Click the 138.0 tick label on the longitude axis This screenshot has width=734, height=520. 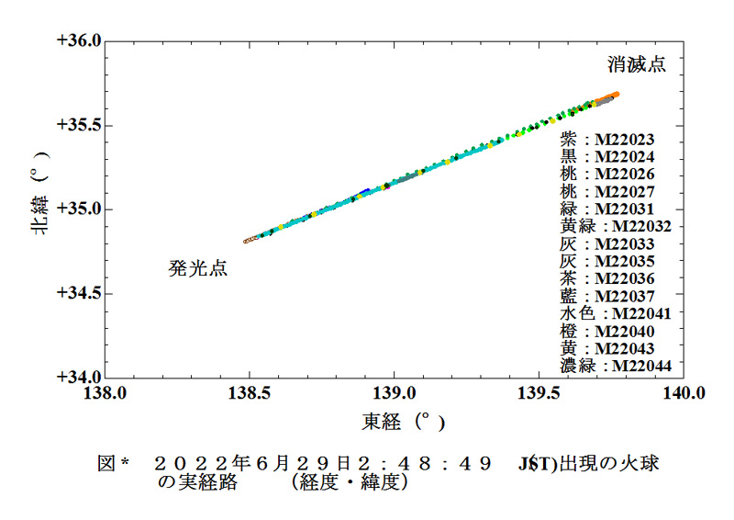(x=105, y=393)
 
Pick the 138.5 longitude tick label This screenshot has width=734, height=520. (x=249, y=393)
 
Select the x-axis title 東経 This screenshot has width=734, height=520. (x=393, y=423)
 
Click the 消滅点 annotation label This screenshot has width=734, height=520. (x=636, y=65)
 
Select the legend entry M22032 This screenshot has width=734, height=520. (x=616, y=226)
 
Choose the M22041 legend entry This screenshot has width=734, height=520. (x=616, y=313)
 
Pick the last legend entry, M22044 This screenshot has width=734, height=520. (x=616, y=366)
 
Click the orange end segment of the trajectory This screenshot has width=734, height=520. (x=607, y=97)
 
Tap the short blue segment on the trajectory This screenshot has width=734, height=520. (x=365, y=191)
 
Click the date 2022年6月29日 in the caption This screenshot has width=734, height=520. (x=285, y=464)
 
